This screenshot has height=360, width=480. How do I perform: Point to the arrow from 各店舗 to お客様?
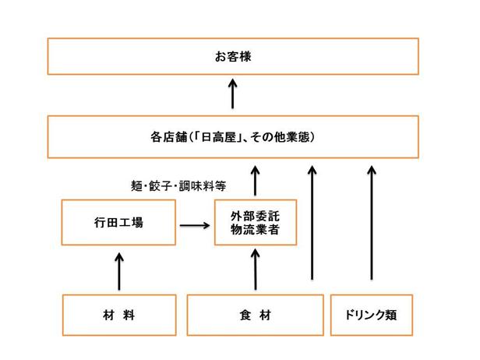point(233,94)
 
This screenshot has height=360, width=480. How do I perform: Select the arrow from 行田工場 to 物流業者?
point(195,226)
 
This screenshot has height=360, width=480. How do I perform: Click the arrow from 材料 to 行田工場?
point(119,271)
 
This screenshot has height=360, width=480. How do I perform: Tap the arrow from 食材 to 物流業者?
point(256,270)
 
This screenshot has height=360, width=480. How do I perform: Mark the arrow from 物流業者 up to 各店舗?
point(255,181)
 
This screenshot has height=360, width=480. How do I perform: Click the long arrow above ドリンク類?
point(372,223)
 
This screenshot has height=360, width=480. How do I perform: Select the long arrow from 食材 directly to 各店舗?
point(312,223)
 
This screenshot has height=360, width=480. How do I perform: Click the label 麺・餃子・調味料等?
point(178,185)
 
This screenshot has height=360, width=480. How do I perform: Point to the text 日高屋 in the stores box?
point(219,137)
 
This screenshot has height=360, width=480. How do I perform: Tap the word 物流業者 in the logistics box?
point(255,230)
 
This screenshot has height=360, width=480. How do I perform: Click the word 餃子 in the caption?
point(160,185)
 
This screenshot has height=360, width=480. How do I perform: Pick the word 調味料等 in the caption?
point(203,185)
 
